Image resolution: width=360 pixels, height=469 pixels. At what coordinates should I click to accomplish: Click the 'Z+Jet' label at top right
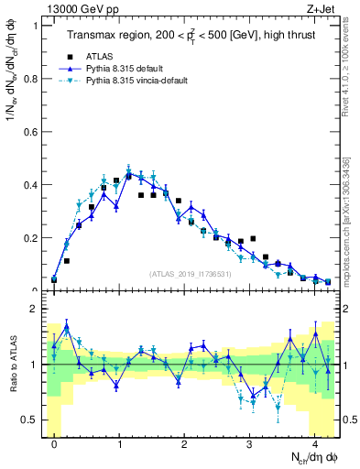tap(321, 8)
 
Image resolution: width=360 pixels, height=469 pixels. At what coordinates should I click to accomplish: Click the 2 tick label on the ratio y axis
tap(34, 310)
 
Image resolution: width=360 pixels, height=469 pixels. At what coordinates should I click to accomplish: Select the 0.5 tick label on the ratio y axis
tap(29, 420)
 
